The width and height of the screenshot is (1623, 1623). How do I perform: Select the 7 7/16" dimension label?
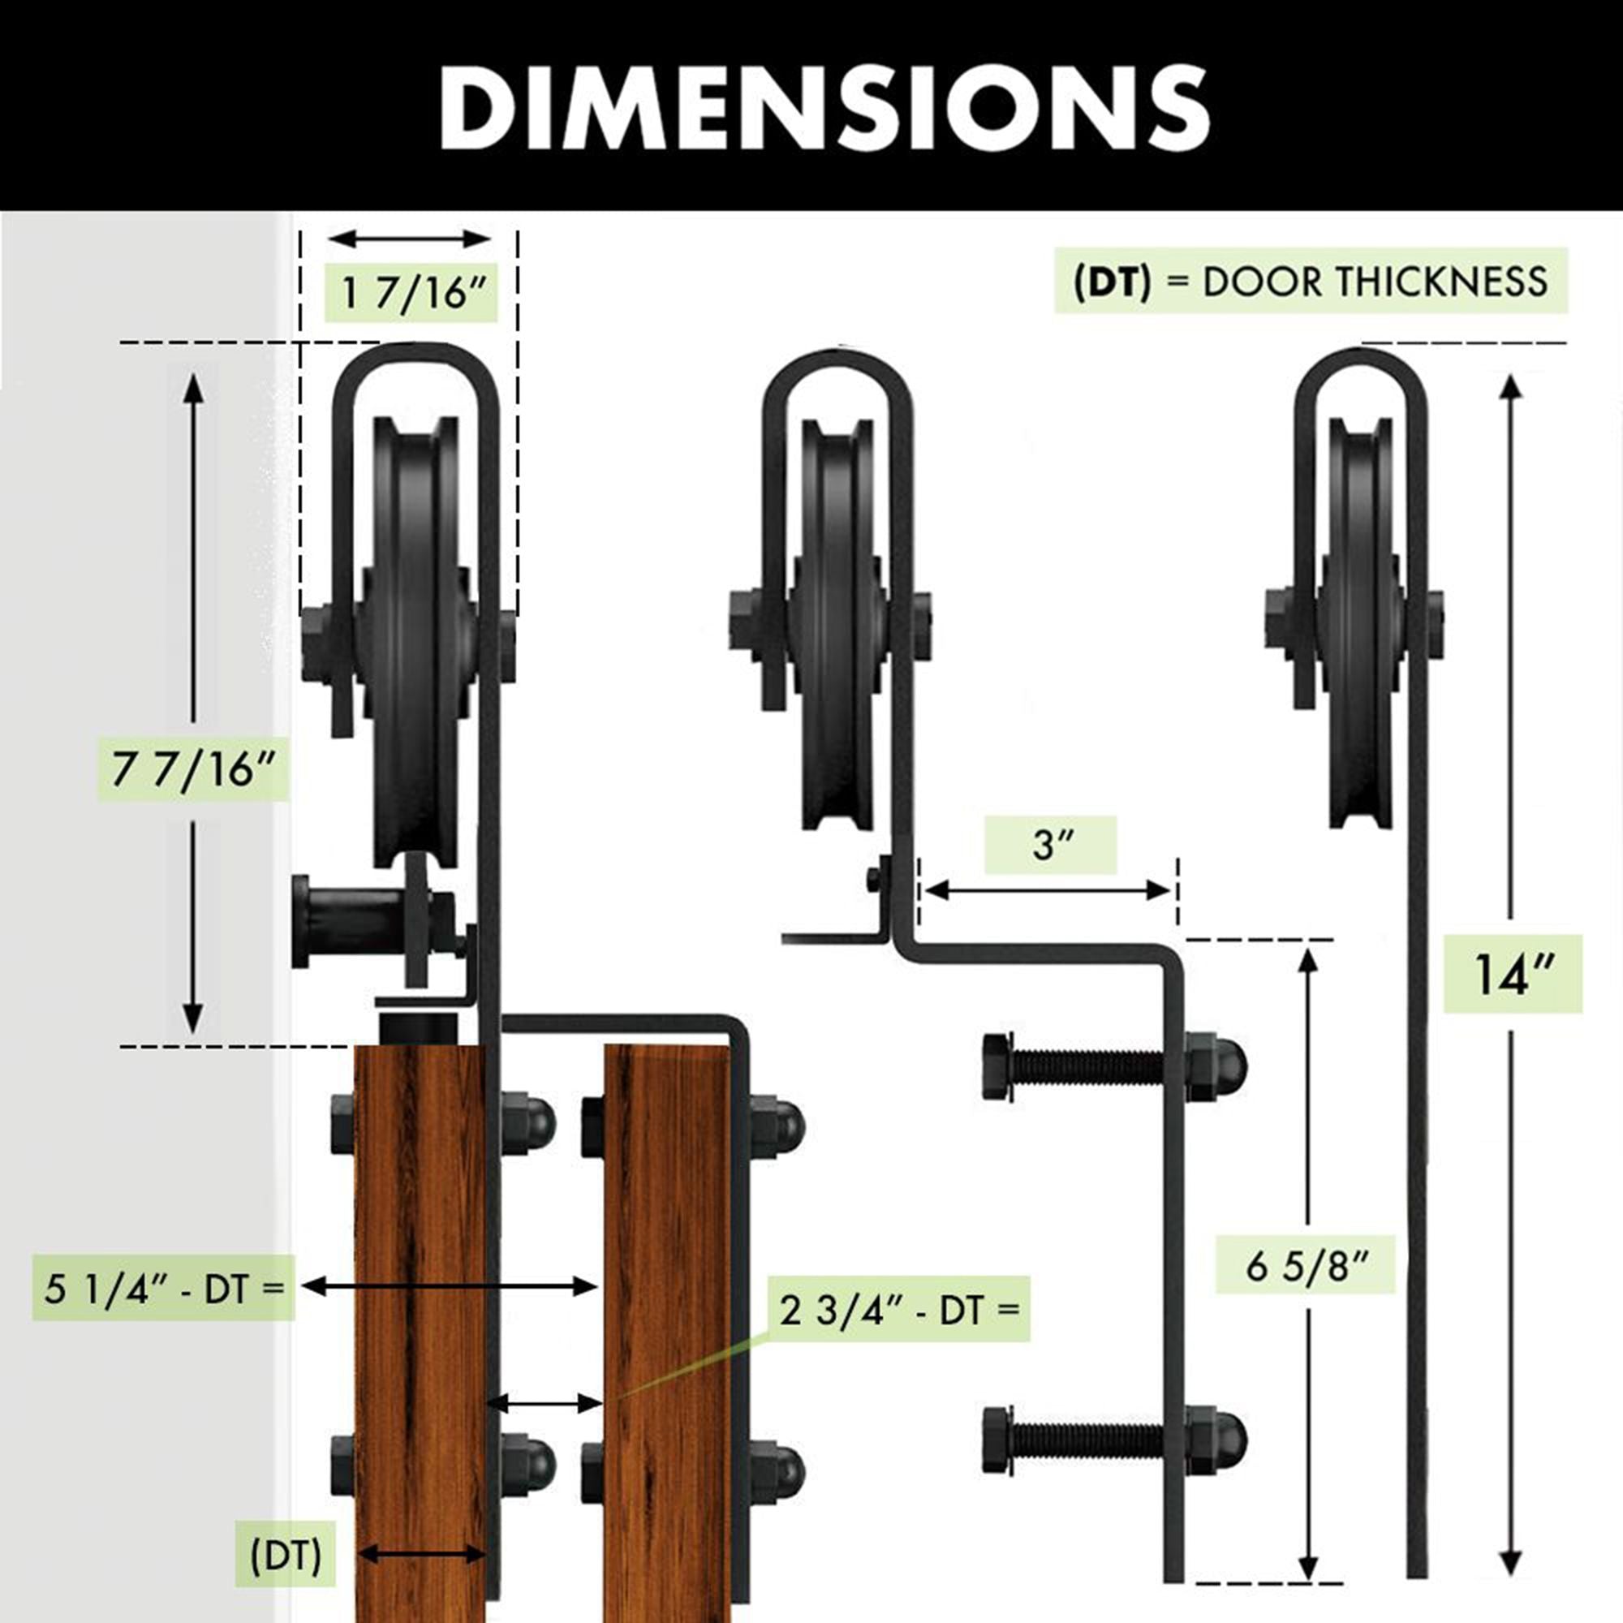(x=194, y=768)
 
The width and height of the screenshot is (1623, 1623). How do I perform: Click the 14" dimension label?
(x=1513, y=975)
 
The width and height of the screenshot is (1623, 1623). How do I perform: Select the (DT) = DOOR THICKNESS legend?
(x=1311, y=281)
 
